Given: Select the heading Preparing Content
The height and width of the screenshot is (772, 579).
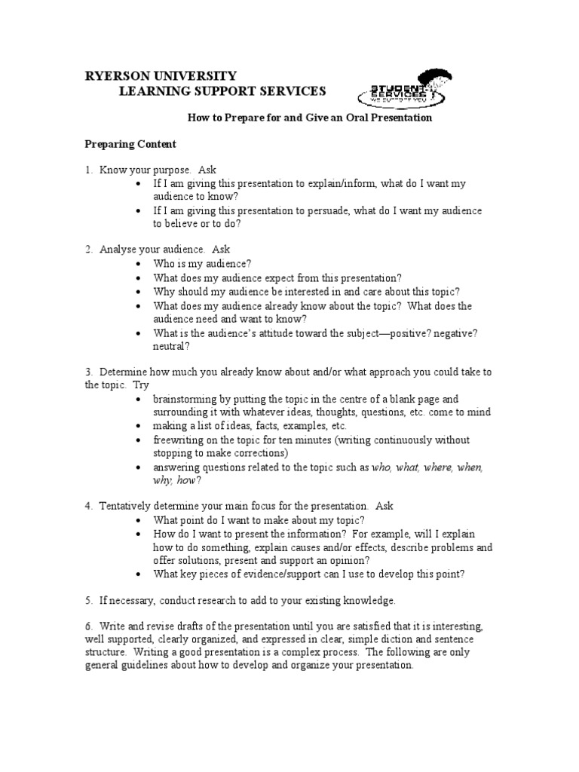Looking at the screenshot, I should (130, 144).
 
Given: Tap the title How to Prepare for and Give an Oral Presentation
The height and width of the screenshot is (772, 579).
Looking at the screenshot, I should (309, 118).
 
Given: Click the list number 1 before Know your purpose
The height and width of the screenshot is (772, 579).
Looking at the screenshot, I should (87, 170).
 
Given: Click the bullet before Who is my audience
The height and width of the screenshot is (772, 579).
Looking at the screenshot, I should (140, 264).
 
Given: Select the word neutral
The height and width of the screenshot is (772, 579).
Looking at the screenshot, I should (170, 347).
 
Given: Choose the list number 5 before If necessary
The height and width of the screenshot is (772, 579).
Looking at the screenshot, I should (87, 601).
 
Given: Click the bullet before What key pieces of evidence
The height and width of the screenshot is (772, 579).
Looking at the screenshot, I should (140, 574).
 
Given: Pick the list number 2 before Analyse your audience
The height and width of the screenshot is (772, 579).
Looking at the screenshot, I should (87, 250).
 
